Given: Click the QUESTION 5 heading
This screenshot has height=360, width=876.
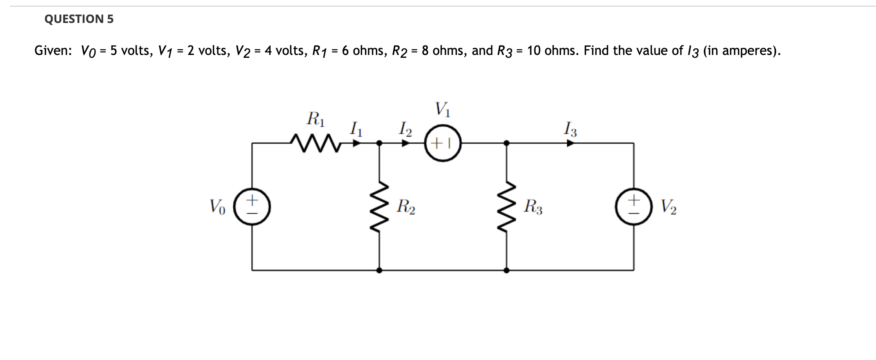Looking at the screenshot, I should (79, 19).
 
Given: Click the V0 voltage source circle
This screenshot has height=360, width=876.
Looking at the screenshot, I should (252, 207).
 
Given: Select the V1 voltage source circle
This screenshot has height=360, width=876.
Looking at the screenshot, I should (443, 143).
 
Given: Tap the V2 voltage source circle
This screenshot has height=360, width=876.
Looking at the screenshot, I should (634, 207).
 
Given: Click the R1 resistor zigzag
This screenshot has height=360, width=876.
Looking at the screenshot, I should (315, 143).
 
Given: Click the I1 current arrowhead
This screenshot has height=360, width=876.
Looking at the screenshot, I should (357, 143).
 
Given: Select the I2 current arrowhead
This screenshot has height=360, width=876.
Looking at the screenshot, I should (406, 143).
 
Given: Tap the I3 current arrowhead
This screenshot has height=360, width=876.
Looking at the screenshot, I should (570, 143).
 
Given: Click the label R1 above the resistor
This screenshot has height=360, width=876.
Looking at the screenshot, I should (316, 119).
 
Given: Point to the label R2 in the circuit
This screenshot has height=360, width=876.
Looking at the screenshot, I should (406, 207).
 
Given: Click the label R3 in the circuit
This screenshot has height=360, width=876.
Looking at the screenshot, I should (533, 207).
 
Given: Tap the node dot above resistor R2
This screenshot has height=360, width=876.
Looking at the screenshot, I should (379, 143).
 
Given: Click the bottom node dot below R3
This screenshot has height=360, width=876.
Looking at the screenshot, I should (506, 270).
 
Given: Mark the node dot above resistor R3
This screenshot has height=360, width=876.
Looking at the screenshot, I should (506, 143).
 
